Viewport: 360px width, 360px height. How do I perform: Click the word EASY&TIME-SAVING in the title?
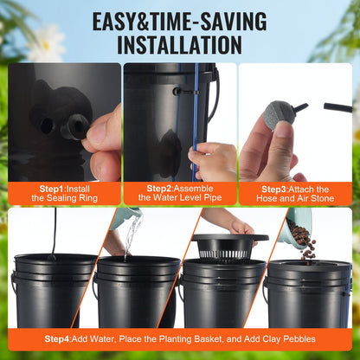point(179,19)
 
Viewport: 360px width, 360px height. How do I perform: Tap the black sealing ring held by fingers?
point(74,126)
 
